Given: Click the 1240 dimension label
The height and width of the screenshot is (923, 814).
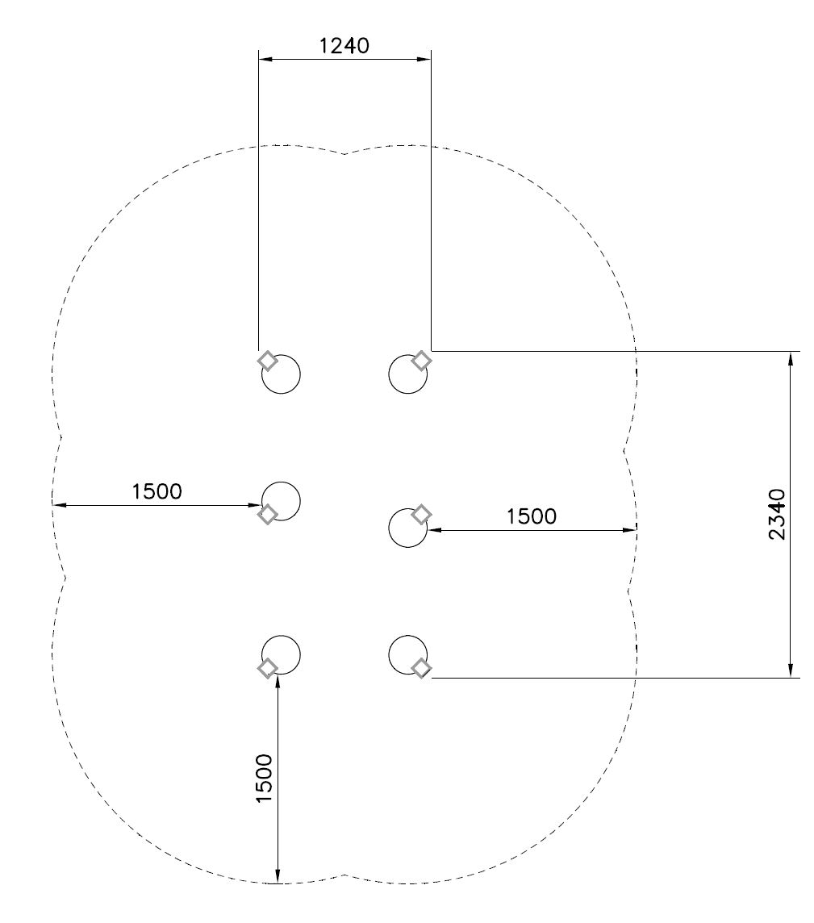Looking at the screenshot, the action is (x=344, y=45).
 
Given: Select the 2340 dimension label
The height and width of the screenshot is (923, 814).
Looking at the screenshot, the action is (x=777, y=514).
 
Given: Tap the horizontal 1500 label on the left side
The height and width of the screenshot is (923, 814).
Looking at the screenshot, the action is (x=157, y=491).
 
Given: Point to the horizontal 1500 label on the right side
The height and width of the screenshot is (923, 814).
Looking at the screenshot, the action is (x=532, y=516).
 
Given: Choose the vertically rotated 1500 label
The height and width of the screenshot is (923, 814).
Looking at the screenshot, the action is (x=265, y=778).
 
